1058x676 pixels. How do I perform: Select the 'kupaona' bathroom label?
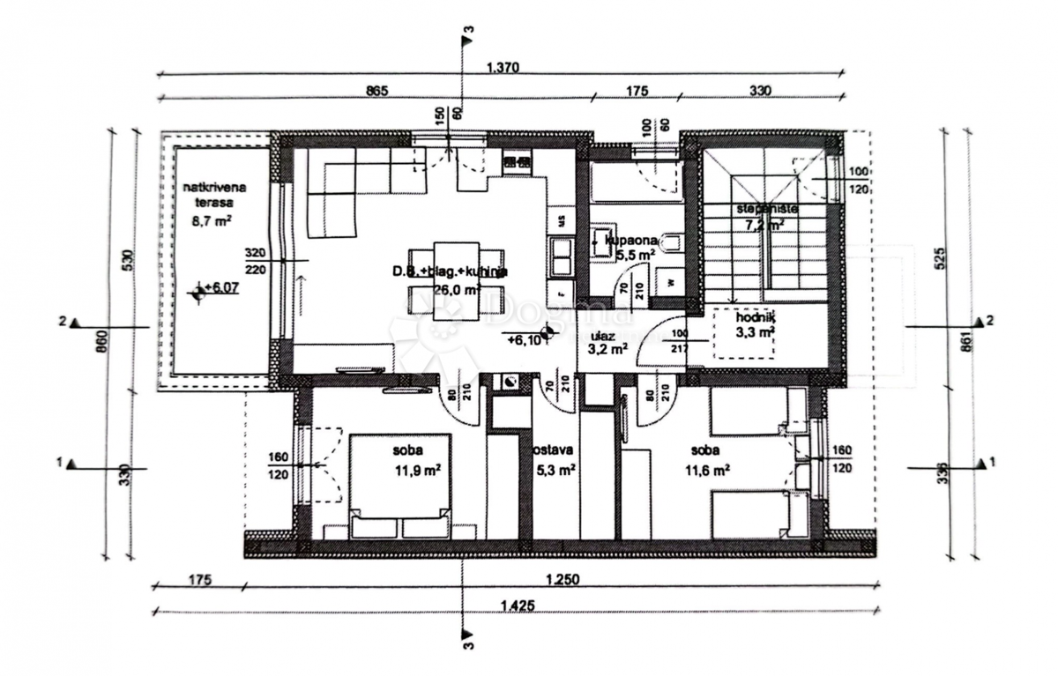click(628, 239)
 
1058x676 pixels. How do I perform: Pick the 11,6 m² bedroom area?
click(709, 471)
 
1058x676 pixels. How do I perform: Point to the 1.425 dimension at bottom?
click(517, 605)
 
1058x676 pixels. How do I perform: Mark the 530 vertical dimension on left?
click(127, 260)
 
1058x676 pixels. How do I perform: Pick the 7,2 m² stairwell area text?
click(764, 225)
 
